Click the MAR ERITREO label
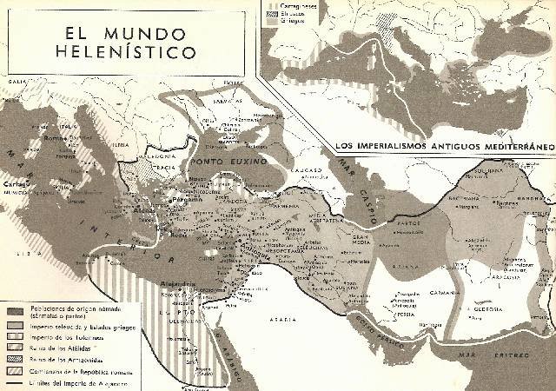511,356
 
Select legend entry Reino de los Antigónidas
75,359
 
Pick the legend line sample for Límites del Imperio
17,384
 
